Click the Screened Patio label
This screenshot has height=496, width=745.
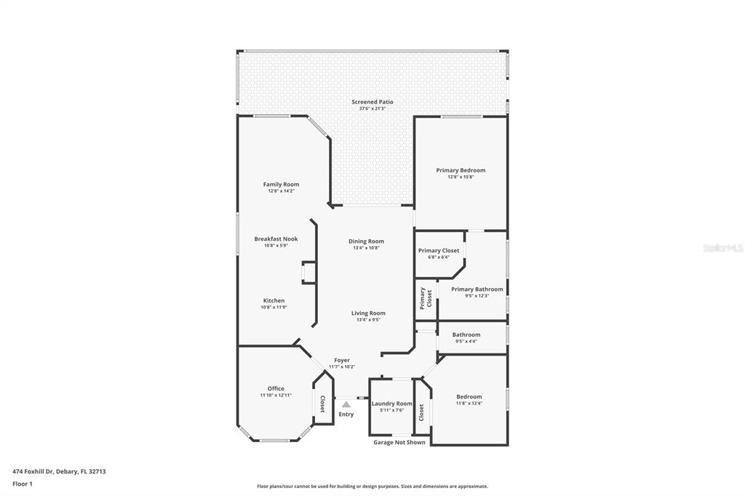(x=372, y=102)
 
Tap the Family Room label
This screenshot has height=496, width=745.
(x=282, y=184)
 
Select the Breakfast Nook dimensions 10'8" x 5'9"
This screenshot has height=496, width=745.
(x=276, y=246)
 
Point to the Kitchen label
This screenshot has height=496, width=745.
(x=274, y=301)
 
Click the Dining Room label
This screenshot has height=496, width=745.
(x=367, y=241)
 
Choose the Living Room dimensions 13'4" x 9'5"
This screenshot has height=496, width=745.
(x=368, y=320)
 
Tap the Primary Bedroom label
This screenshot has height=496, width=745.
(x=461, y=170)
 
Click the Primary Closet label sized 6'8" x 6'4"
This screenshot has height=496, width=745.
(x=439, y=250)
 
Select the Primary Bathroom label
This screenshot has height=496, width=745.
(x=477, y=289)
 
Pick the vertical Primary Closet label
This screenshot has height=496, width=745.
(x=426, y=298)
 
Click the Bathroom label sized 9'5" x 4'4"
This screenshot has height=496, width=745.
(x=466, y=335)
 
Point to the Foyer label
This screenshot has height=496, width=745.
(x=342, y=361)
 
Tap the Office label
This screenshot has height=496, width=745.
(x=276, y=388)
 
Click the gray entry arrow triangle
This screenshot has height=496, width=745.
(x=346, y=404)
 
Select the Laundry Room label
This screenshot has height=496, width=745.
(x=392, y=404)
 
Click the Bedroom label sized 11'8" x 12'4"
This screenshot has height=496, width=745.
(x=469, y=396)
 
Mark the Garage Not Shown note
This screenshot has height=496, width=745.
(x=399, y=442)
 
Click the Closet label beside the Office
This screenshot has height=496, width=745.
(x=322, y=404)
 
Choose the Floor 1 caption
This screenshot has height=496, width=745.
(x=23, y=484)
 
